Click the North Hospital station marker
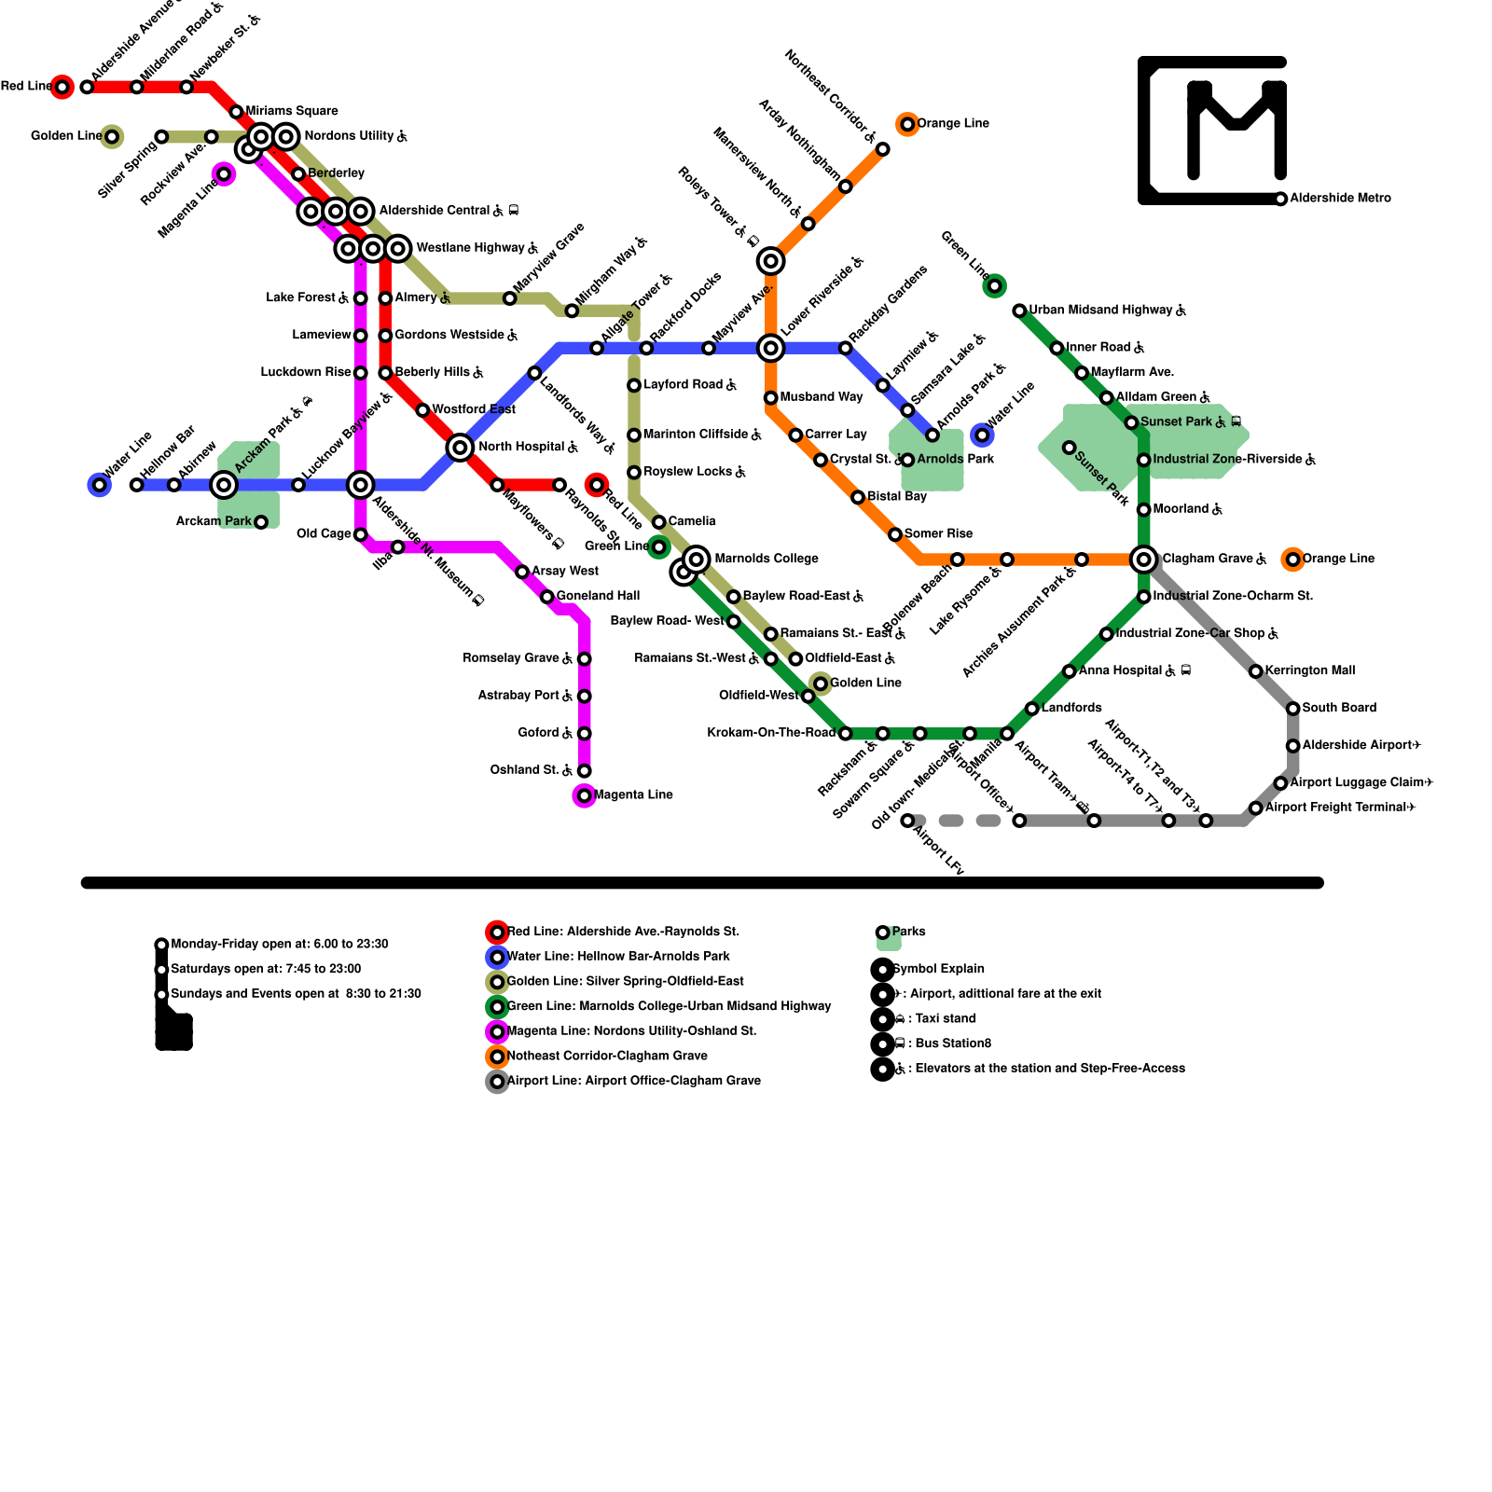(460, 448)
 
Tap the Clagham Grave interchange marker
(1143, 559)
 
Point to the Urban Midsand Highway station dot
(1019, 311)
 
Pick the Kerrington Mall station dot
(1256, 671)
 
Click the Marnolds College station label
(766, 559)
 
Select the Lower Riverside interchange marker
(770, 348)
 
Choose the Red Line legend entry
(623, 932)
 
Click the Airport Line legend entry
(633, 1081)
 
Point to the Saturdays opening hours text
(266, 969)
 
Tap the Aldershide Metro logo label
(1340, 198)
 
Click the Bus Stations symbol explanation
(947, 1043)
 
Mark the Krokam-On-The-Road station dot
(845, 734)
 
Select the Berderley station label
(336, 173)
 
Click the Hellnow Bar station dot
(136, 485)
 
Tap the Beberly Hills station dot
(385, 373)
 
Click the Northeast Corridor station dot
(882, 149)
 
